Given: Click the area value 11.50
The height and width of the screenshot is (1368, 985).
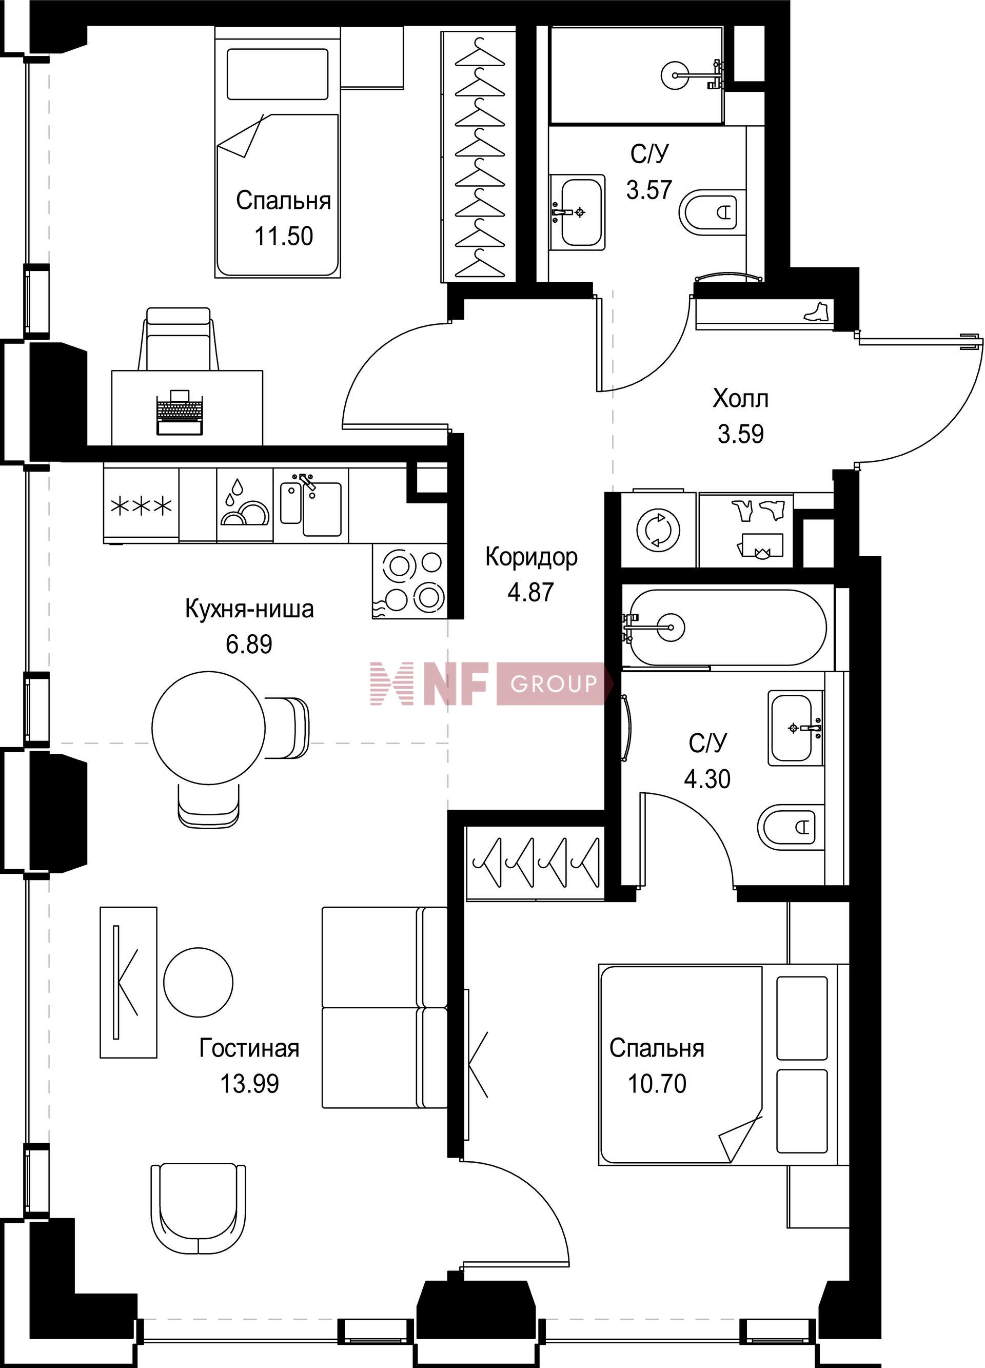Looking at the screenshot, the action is (284, 236).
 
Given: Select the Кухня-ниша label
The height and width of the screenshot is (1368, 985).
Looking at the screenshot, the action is (249, 609).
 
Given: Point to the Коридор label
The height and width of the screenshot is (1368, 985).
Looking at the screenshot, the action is (531, 557).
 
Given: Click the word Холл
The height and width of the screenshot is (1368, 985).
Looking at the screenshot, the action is (741, 399).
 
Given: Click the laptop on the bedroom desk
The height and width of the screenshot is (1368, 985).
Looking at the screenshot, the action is (179, 412).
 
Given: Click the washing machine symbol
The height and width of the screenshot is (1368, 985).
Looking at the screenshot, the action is (659, 530).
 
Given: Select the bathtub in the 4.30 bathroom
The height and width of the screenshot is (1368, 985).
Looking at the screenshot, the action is (724, 628).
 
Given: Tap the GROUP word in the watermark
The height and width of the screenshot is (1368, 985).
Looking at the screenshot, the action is (553, 683).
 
